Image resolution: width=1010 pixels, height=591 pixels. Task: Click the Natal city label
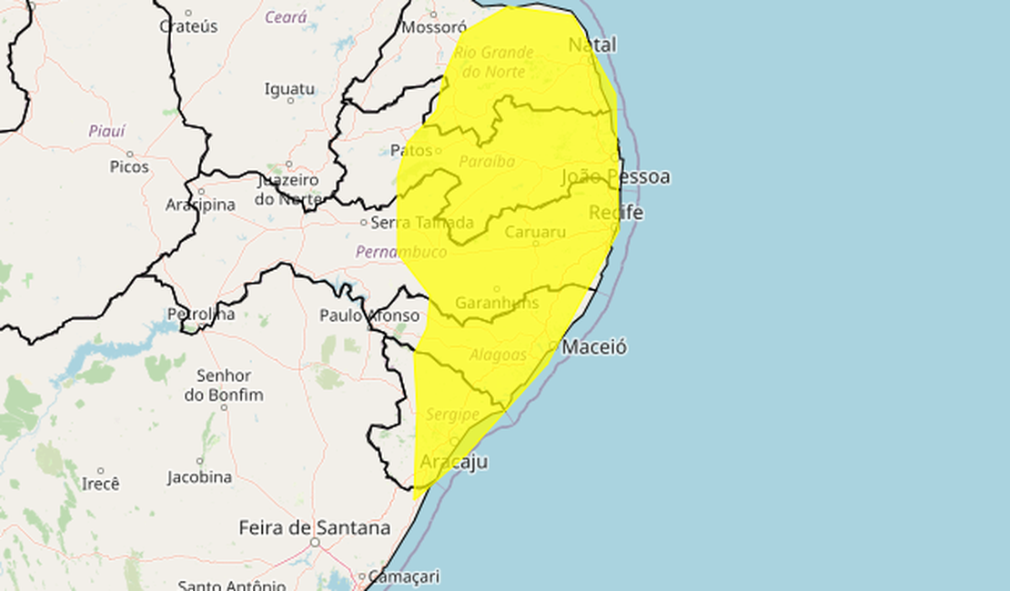592,45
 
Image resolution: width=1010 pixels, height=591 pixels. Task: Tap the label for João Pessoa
616,176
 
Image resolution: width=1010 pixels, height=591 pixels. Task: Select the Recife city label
616,213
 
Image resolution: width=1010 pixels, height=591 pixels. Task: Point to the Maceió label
594,347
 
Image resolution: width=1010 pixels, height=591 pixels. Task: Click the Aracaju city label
453,462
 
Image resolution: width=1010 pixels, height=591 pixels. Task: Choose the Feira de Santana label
315,527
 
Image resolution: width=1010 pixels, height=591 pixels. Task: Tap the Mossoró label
434,27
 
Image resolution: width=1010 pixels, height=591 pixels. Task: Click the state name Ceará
286,17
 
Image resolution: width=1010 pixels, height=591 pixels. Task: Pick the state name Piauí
107,131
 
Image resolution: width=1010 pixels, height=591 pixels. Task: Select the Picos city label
129,166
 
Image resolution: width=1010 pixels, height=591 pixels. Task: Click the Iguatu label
289,89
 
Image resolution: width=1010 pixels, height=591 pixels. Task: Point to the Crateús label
188,26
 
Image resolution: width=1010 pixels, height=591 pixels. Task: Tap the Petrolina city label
201,315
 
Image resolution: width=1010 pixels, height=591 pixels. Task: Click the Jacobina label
199,477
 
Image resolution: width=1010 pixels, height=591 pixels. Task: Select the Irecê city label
101,484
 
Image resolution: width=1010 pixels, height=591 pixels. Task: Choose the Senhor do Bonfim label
223,385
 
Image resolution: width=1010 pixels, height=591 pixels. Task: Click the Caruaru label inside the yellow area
535,232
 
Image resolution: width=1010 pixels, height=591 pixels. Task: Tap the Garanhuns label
497,303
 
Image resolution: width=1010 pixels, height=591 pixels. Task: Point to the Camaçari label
406,576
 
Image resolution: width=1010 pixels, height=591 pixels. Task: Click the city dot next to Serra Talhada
364,222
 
